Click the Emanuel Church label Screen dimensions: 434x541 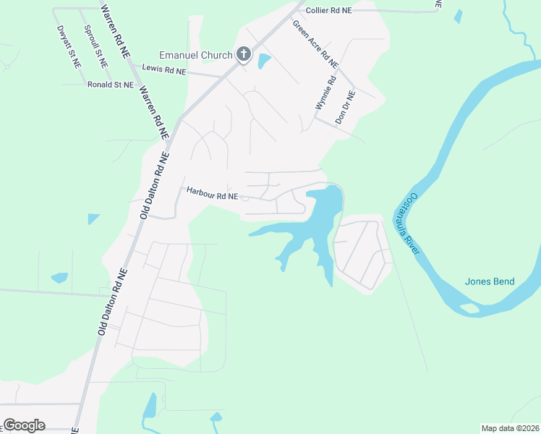point(195,55)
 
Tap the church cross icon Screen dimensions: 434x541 point(244,54)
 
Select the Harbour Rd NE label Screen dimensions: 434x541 point(212,195)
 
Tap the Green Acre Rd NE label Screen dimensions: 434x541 point(315,43)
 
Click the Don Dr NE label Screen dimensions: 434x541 point(344,106)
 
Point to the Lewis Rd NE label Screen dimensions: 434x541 point(164,69)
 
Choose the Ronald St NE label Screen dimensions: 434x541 point(110,85)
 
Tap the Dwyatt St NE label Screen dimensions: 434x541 point(69,46)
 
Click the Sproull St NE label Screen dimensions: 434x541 point(95,46)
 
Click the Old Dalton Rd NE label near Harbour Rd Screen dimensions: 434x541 point(155,185)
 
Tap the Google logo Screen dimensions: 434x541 point(24,425)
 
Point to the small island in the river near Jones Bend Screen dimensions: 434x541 point(469,309)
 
